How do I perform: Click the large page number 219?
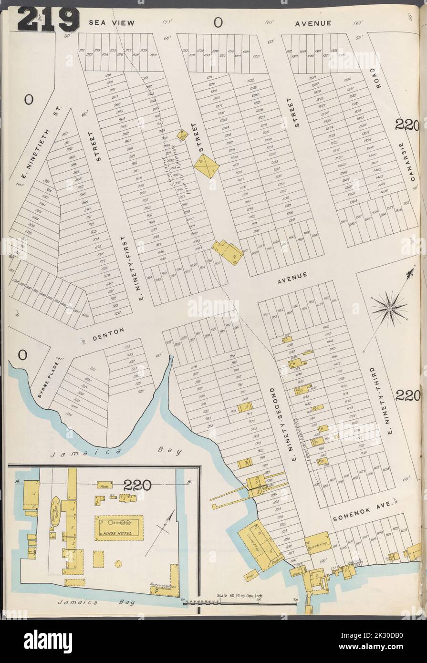(x=48, y=20)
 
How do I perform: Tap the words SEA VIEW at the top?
(x=112, y=22)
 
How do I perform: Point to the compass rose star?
(x=389, y=309)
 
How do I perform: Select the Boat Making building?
(x=317, y=543)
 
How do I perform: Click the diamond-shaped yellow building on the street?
(x=207, y=166)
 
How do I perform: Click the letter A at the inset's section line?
(x=18, y=482)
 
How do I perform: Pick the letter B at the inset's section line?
(x=189, y=482)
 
